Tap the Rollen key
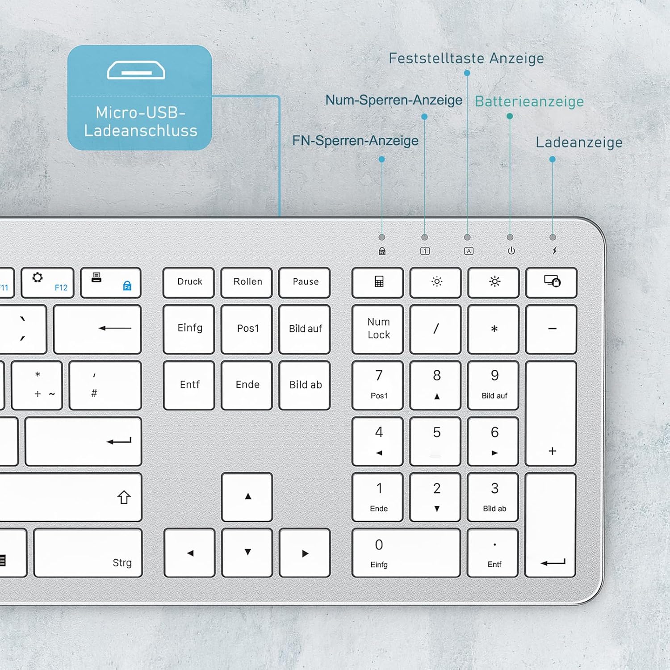(x=247, y=282)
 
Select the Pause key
(x=305, y=282)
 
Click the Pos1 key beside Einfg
(x=247, y=329)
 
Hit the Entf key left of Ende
(x=189, y=385)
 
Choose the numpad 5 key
(x=435, y=441)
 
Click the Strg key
(x=88, y=553)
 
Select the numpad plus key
(x=551, y=413)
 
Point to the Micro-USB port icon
(x=136, y=71)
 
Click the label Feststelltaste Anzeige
(x=466, y=59)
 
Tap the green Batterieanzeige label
(x=529, y=102)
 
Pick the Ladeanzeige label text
(x=579, y=142)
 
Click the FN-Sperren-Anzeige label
(x=356, y=141)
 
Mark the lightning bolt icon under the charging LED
(x=555, y=251)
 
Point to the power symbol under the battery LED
(x=511, y=251)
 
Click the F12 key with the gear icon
(x=47, y=282)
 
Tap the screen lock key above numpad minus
(x=551, y=282)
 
